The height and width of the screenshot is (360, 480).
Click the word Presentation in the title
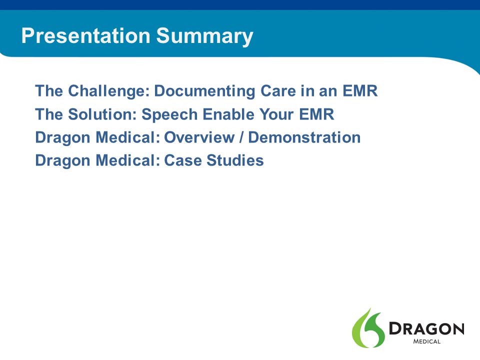(x=86, y=35)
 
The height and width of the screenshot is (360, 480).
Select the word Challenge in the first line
(x=109, y=91)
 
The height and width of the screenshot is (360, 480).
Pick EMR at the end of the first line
(x=360, y=91)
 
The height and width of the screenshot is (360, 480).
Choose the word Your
(x=276, y=114)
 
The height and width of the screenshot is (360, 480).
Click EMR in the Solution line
(x=316, y=114)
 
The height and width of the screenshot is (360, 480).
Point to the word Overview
(x=199, y=137)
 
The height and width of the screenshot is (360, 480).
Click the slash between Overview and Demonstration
(x=241, y=137)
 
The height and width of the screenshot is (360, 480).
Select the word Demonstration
(x=304, y=137)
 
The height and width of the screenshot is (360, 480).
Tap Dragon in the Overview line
(x=63, y=138)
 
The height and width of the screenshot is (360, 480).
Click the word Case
(x=183, y=160)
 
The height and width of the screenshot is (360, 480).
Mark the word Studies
(x=235, y=160)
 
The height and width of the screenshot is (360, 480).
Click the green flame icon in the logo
(x=368, y=328)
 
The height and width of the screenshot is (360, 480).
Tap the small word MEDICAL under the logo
(x=426, y=341)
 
